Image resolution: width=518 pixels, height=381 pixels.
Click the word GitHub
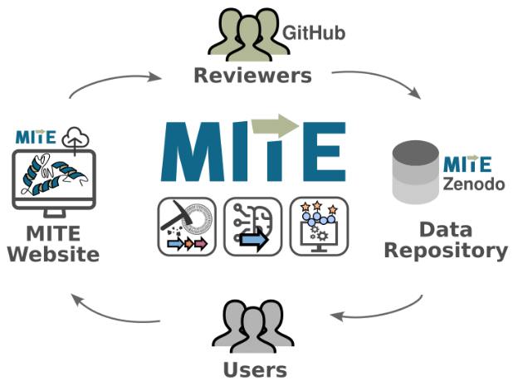314,33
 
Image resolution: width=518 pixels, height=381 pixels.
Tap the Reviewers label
252,76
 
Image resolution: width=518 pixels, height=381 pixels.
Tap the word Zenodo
474,183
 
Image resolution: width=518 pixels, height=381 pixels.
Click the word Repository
445,250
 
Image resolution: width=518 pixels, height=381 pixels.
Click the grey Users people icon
252,328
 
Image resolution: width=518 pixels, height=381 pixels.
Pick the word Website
53,254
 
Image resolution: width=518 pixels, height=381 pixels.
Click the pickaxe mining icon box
186,226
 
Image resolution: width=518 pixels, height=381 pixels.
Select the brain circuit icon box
252,226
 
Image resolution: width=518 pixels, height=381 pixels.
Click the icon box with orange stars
320,226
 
